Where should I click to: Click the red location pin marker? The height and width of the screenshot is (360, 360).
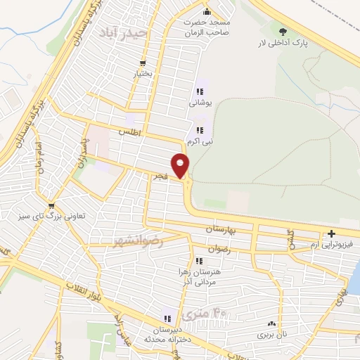pos(181,165)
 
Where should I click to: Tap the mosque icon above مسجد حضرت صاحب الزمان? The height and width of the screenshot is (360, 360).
pos(206,12)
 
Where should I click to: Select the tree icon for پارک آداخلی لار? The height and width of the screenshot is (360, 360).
pos(283,32)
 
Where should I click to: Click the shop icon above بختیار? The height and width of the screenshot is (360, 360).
pos(143,62)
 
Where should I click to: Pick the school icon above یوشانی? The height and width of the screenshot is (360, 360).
pos(200,91)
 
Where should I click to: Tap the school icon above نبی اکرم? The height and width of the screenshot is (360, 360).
pos(200,129)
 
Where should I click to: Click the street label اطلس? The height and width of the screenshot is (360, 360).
pos(130,131)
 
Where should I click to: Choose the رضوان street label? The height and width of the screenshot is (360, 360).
pos(219,248)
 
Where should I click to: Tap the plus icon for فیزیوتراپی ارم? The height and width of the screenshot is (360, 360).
pos(331,233)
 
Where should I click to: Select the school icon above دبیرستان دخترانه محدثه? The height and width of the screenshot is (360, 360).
pos(167,318)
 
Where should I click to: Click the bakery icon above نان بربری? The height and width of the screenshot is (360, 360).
pos(271,324)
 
